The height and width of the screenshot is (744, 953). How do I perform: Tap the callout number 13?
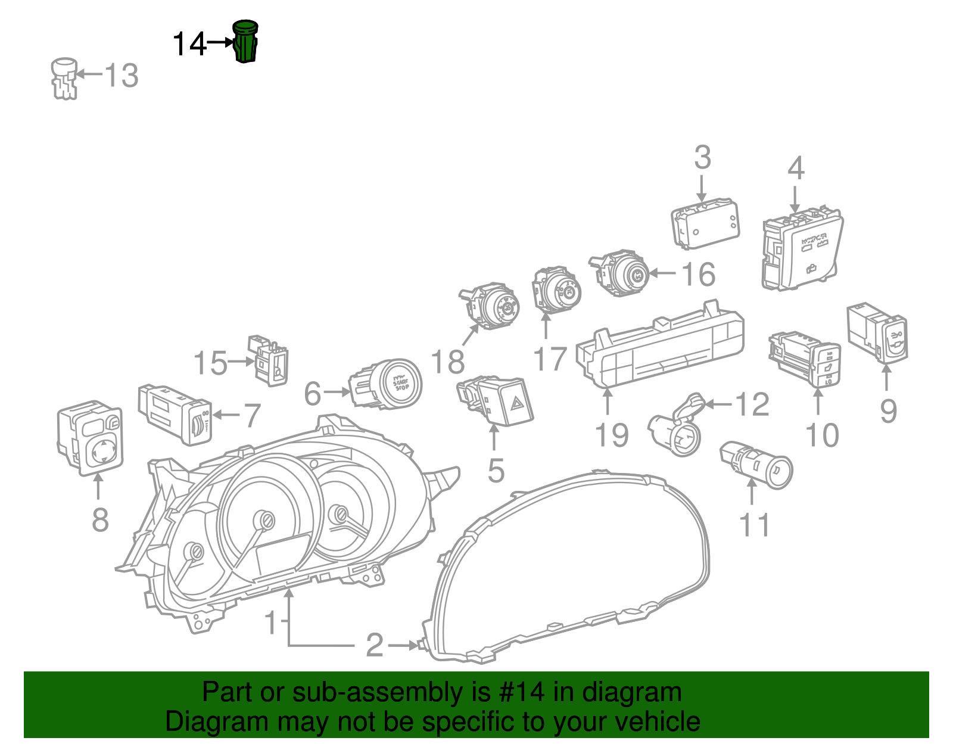(122, 76)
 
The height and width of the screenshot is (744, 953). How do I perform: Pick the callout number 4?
(796, 168)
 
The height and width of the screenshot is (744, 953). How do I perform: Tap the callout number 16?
(697, 275)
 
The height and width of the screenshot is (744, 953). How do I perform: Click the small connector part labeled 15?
(269, 360)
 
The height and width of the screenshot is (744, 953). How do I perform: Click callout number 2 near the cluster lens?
(374, 645)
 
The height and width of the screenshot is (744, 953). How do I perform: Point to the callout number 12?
(753, 405)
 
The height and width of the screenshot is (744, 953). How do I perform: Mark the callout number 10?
(822, 435)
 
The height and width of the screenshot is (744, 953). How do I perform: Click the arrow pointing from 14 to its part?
(220, 42)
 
